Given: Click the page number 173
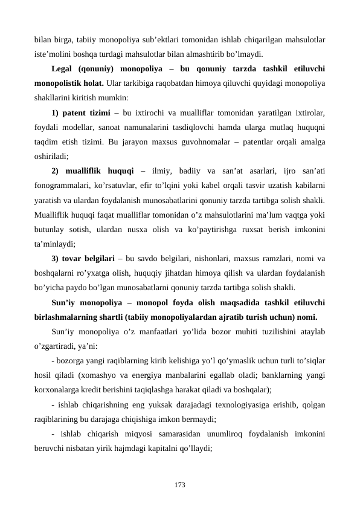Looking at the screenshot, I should tap(179, 485).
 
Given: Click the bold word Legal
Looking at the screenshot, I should tap(64, 68).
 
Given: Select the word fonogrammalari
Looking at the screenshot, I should tap(64, 186).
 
